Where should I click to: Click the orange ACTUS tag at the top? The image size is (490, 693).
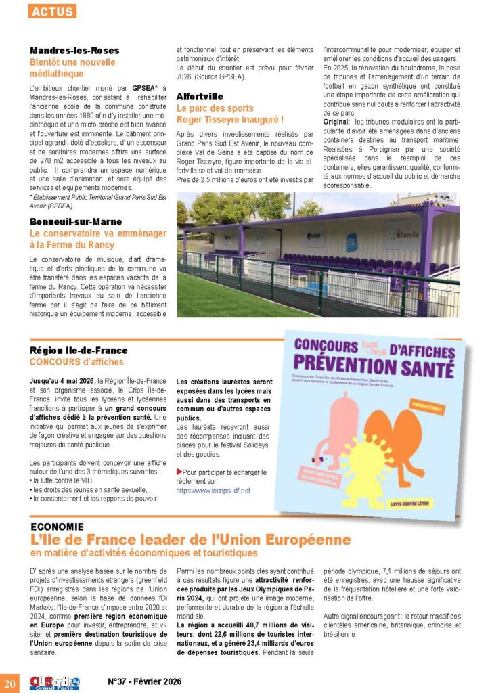tap(53, 12)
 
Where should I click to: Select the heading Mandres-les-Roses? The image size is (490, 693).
tap(74, 51)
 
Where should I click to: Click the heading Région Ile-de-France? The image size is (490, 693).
tap(79, 351)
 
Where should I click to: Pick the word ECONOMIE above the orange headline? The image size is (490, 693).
tap(57, 526)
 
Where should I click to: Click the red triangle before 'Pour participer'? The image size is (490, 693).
tap(179, 471)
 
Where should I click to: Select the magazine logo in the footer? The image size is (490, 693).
tap(53, 681)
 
